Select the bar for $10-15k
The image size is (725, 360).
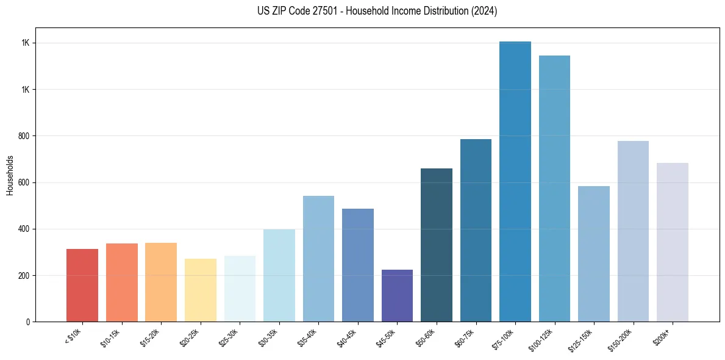point(121,283)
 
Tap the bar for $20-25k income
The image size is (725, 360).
point(200,290)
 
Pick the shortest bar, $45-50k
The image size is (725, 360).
point(397,295)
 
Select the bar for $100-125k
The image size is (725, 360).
point(554,189)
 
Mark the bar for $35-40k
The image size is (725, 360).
point(318,259)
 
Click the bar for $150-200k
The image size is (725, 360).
point(633,231)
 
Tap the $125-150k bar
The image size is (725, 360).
point(594,254)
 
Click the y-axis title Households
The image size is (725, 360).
point(10,175)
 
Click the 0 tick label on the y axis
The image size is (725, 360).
point(29,322)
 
